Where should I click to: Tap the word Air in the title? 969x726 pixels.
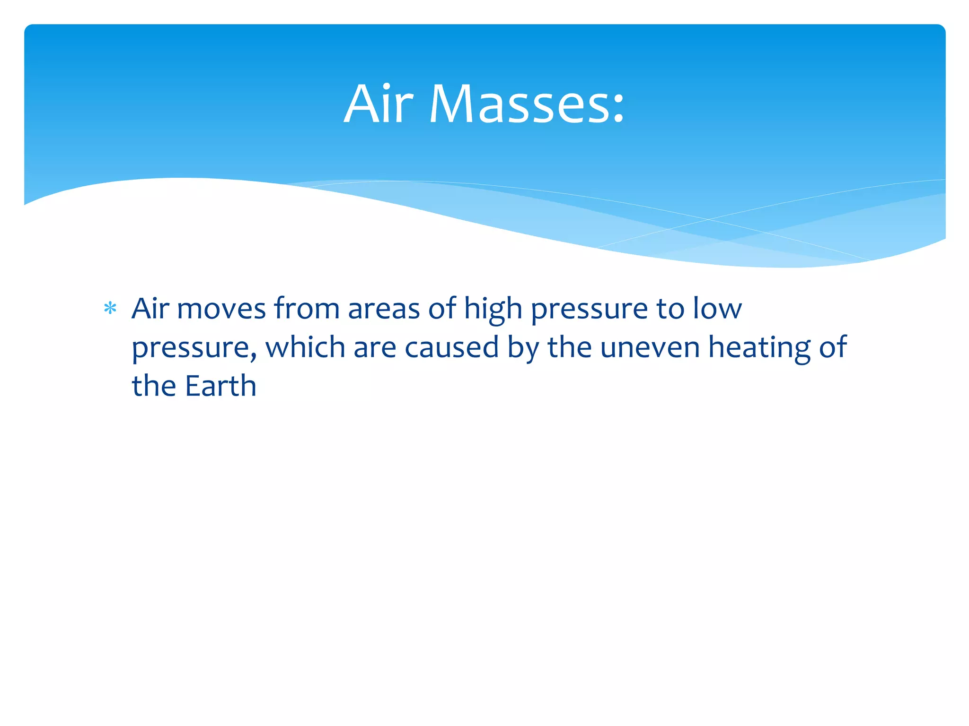click(x=379, y=104)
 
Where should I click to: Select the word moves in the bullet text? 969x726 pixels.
click(x=221, y=309)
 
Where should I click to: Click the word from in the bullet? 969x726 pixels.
click(x=307, y=309)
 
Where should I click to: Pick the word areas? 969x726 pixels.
click(x=384, y=310)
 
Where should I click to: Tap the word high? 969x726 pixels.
click(x=493, y=310)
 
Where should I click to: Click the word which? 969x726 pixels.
click(x=305, y=348)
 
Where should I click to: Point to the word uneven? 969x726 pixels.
click(x=650, y=348)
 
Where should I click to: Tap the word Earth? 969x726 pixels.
click(x=220, y=386)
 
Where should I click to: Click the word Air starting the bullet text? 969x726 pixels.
click(x=150, y=309)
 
